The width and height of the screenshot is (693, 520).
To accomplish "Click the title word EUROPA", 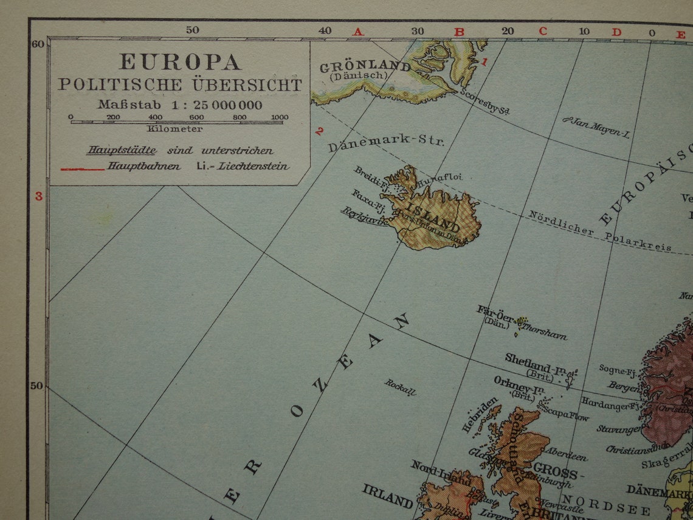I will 180,61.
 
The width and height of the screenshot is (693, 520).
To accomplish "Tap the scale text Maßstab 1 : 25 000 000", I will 180,105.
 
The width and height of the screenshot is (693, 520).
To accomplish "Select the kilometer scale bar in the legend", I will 176,122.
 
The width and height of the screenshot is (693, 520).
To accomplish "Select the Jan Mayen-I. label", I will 595,127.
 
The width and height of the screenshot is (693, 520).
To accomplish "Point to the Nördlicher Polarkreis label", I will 599,231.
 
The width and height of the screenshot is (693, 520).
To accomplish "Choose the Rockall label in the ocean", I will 400,387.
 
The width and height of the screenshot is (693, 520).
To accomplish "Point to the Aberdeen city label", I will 566,454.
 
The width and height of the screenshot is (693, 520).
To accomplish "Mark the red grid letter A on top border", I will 357,32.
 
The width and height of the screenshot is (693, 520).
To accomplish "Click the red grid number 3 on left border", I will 39,196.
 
